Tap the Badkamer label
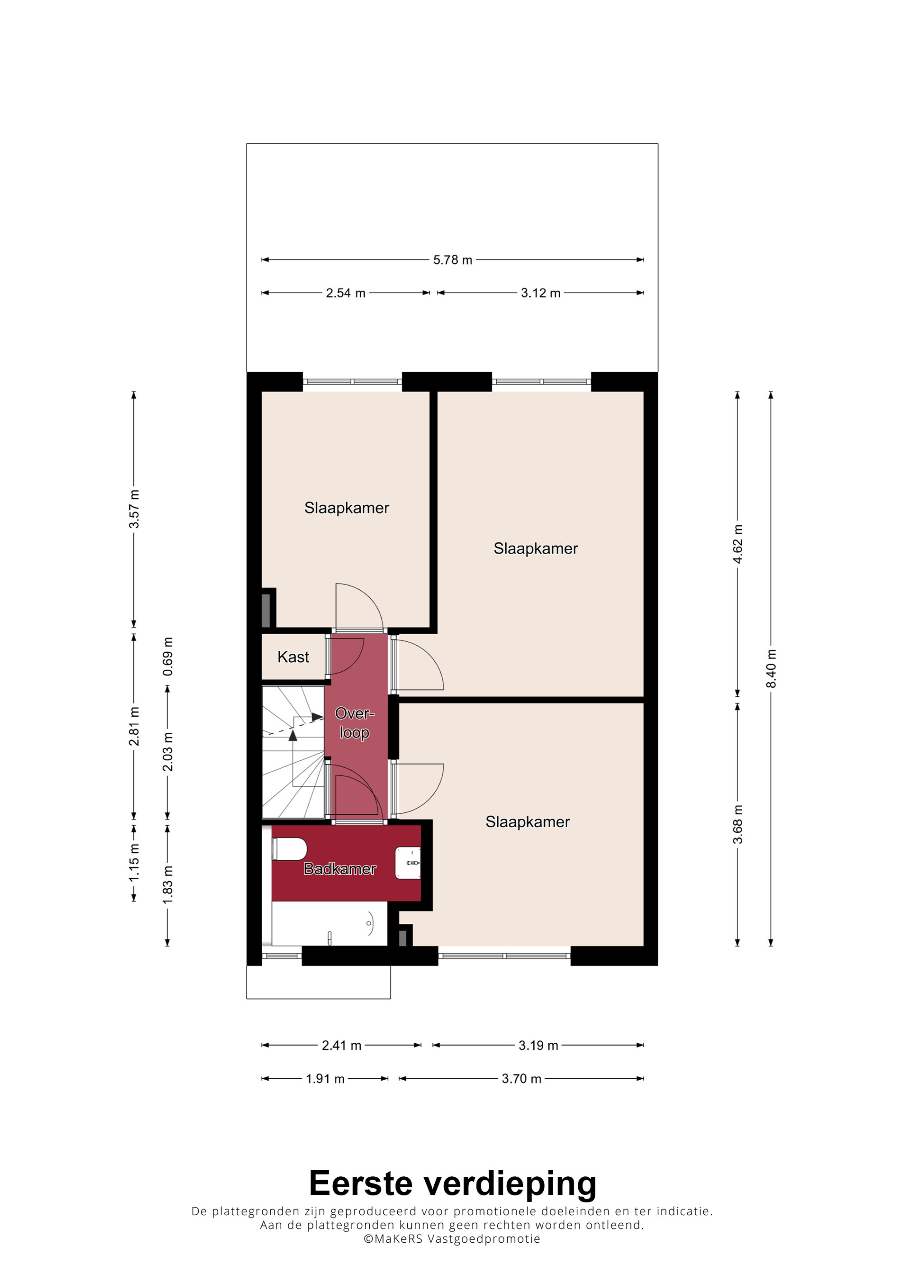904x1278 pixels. tap(340, 869)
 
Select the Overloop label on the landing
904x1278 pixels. tap(354, 723)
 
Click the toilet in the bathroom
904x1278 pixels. tap(289, 849)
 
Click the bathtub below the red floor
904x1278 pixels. tap(329, 924)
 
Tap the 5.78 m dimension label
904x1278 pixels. tap(452, 260)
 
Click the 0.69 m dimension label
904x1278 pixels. tap(168, 657)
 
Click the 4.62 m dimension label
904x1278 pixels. tap(738, 544)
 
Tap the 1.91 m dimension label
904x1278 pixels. tap(325, 1079)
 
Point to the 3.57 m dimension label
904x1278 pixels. tap(134, 509)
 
